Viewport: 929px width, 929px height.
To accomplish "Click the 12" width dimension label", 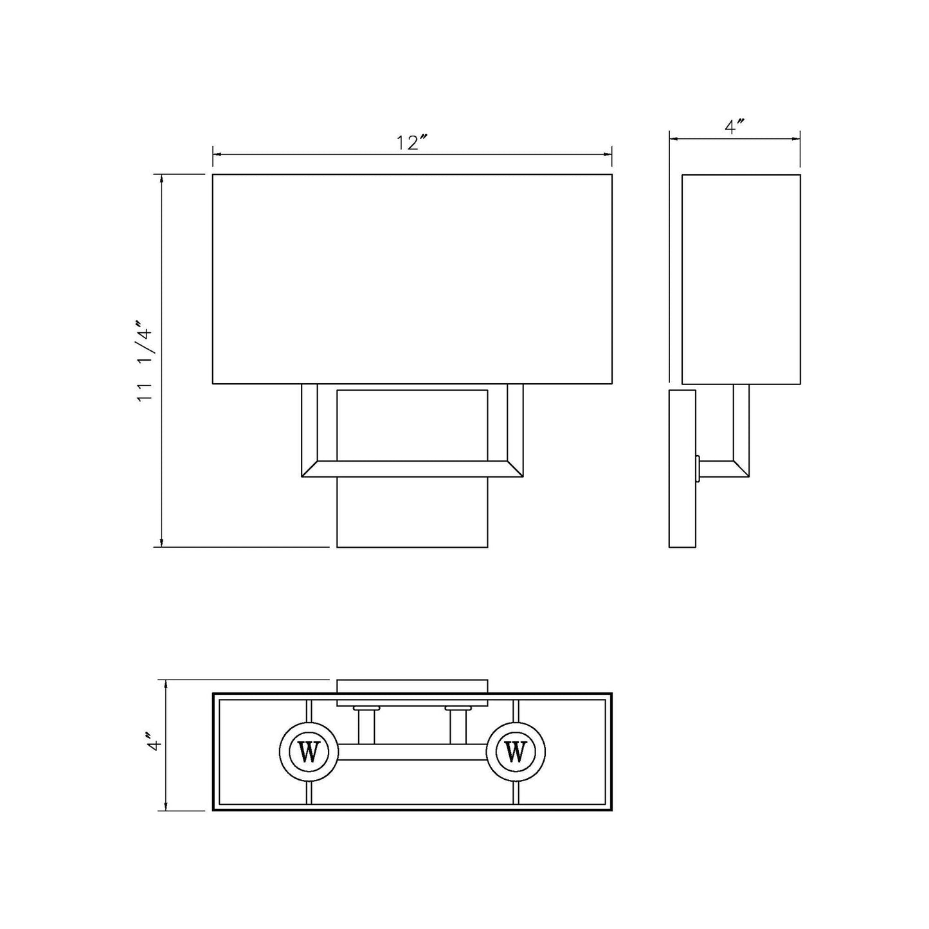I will point(412,143).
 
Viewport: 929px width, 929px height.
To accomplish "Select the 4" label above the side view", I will point(734,127).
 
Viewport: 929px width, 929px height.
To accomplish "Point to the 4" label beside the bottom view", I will point(152,745).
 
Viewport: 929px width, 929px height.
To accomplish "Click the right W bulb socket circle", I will point(516,752).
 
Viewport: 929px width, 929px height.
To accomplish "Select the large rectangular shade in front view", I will point(412,279).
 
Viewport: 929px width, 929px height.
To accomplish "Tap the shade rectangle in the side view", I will point(741,279).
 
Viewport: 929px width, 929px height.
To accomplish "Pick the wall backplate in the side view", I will point(682,468).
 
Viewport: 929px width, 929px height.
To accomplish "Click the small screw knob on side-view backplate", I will point(698,468).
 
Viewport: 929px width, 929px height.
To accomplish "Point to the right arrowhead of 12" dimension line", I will point(608,155).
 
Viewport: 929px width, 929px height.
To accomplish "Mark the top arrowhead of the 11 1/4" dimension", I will point(161,179).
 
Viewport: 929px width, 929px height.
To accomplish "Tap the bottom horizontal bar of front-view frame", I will point(412,469).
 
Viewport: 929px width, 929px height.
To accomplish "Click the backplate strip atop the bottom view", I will point(412,686).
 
